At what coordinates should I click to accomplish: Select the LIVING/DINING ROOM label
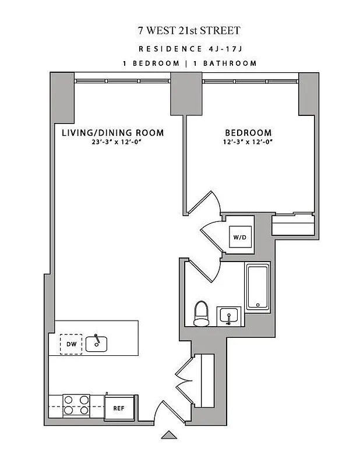[113, 133]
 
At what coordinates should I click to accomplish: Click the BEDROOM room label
[248, 133]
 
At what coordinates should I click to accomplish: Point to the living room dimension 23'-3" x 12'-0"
[113, 142]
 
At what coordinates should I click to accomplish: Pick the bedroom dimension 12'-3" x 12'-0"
[248, 142]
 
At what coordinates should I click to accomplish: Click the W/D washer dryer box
[239, 237]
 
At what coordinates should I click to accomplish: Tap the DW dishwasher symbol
[72, 344]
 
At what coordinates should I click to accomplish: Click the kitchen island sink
[96, 343]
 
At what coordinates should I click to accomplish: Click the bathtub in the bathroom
[257, 287]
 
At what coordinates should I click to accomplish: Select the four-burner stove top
[76, 405]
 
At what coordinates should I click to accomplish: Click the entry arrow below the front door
[169, 434]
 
